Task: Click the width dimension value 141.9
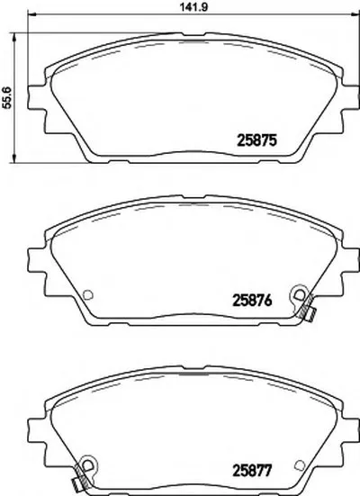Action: [193, 7]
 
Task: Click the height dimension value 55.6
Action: [6, 97]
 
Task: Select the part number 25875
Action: [256, 140]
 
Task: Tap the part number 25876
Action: [252, 301]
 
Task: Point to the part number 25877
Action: [252, 471]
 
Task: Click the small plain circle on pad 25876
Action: [87, 295]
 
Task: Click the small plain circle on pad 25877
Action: [299, 464]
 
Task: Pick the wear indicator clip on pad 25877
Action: [82, 473]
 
